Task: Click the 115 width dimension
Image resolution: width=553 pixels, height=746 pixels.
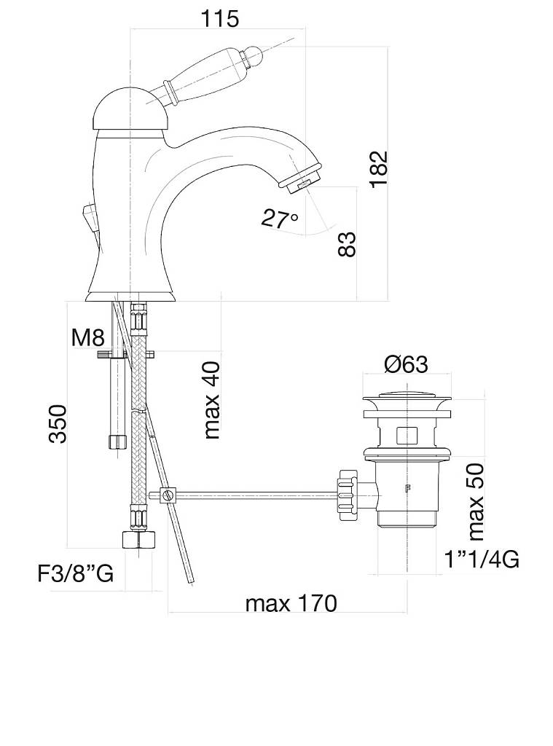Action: (x=219, y=18)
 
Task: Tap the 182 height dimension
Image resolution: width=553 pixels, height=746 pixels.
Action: (x=380, y=169)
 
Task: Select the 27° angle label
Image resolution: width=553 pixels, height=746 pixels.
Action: (x=280, y=219)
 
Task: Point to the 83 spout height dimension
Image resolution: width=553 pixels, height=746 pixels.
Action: (x=347, y=244)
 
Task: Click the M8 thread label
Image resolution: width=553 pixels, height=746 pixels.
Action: (x=87, y=338)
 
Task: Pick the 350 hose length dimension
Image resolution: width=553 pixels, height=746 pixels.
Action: (x=58, y=424)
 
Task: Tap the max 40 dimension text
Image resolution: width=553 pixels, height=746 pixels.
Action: (x=212, y=400)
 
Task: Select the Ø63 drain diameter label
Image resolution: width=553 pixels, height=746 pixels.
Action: (x=406, y=364)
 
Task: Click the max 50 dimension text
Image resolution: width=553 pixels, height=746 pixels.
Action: (x=476, y=502)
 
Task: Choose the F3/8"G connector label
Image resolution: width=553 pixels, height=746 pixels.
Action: (x=76, y=573)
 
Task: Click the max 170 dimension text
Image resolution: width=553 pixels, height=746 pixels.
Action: (x=291, y=603)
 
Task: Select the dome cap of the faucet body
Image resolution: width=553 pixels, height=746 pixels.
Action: (x=130, y=110)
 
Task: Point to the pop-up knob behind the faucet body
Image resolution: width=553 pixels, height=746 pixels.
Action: (x=89, y=217)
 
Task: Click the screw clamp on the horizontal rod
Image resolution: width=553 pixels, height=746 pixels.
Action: (x=168, y=495)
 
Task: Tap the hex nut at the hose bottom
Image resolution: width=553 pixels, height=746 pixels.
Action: (x=138, y=540)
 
